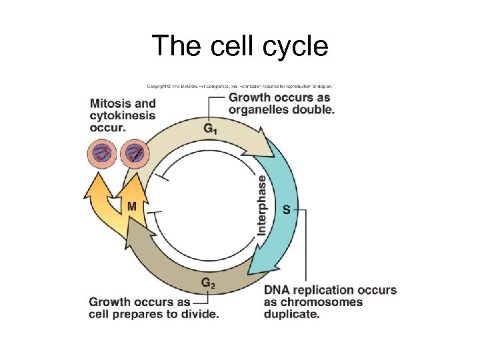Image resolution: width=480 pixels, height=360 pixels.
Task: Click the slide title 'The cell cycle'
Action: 240,46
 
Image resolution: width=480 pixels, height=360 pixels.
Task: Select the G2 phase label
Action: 208,283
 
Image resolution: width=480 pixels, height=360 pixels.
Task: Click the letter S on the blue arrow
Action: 286,209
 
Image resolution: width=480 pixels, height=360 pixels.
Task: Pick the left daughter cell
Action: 103,154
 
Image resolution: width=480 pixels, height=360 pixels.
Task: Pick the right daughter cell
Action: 136,154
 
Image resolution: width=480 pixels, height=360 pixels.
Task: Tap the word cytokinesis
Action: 122,115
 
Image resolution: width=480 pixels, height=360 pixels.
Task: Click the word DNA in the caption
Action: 277,290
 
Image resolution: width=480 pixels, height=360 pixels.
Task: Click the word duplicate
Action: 291,313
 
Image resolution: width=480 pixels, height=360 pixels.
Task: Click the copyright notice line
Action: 239,86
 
